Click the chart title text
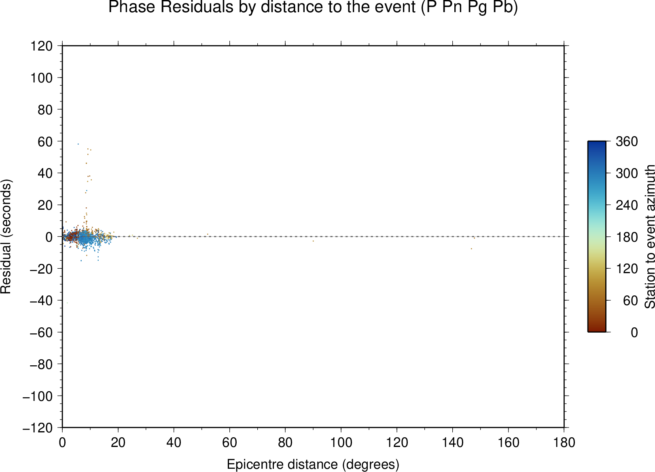[x=313, y=7]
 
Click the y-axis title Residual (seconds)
[x=6, y=236]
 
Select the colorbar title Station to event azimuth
[x=649, y=236]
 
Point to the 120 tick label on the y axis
[x=42, y=46]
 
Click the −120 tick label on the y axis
[x=38, y=428]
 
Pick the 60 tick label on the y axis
[x=45, y=141]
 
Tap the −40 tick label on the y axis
[x=41, y=301]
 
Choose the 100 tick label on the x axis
[x=341, y=443]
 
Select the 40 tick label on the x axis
[x=174, y=443]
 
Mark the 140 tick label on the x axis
[x=453, y=443]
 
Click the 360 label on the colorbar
[x=627, y=141]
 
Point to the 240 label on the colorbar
[x=627, y=205]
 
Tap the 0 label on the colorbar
[x=634, y=333]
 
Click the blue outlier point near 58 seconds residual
[x=78, y=144]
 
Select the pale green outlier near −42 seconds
[x=67, y=303]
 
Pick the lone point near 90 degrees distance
[x=313, y=241]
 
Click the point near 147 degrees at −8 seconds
[x=471, y=249]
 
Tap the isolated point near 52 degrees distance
[x=208, y=234]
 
